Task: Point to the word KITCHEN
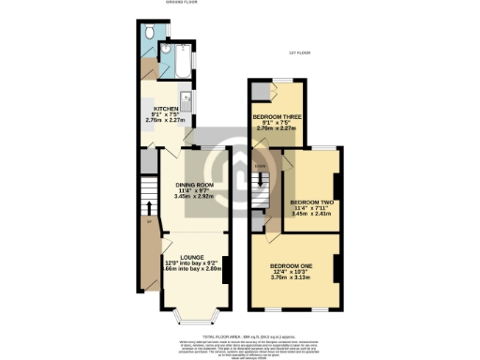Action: point(166,109)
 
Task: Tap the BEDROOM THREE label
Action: point(277,117)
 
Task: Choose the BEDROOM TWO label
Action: point(312,202)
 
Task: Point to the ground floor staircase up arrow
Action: point(147,206)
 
